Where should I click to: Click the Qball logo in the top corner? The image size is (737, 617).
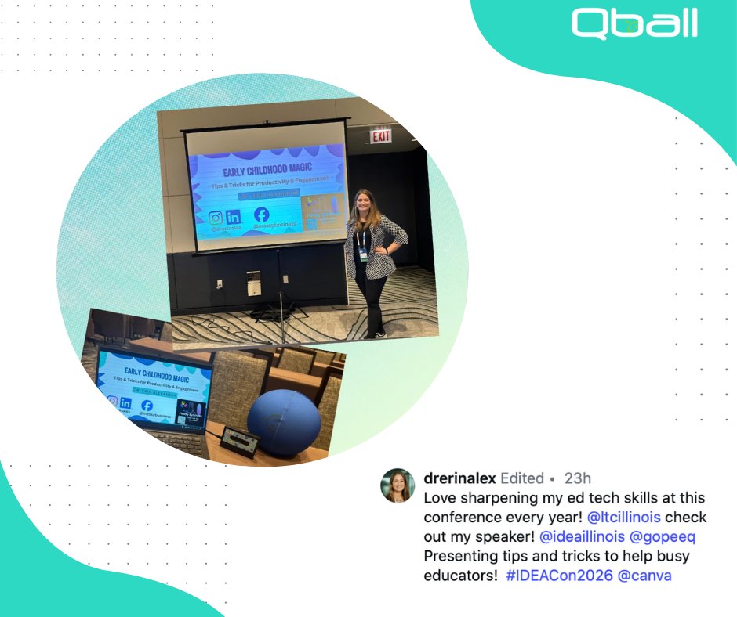634,23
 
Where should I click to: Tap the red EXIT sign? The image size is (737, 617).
381,136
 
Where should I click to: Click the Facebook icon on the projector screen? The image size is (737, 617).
262,215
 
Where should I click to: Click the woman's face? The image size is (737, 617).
366,202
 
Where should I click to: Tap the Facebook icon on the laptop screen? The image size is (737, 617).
147,406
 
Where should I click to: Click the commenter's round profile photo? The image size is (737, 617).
398,485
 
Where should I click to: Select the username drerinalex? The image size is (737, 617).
459,478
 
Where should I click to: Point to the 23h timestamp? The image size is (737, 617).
578,478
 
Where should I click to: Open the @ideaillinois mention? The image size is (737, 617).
581,537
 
